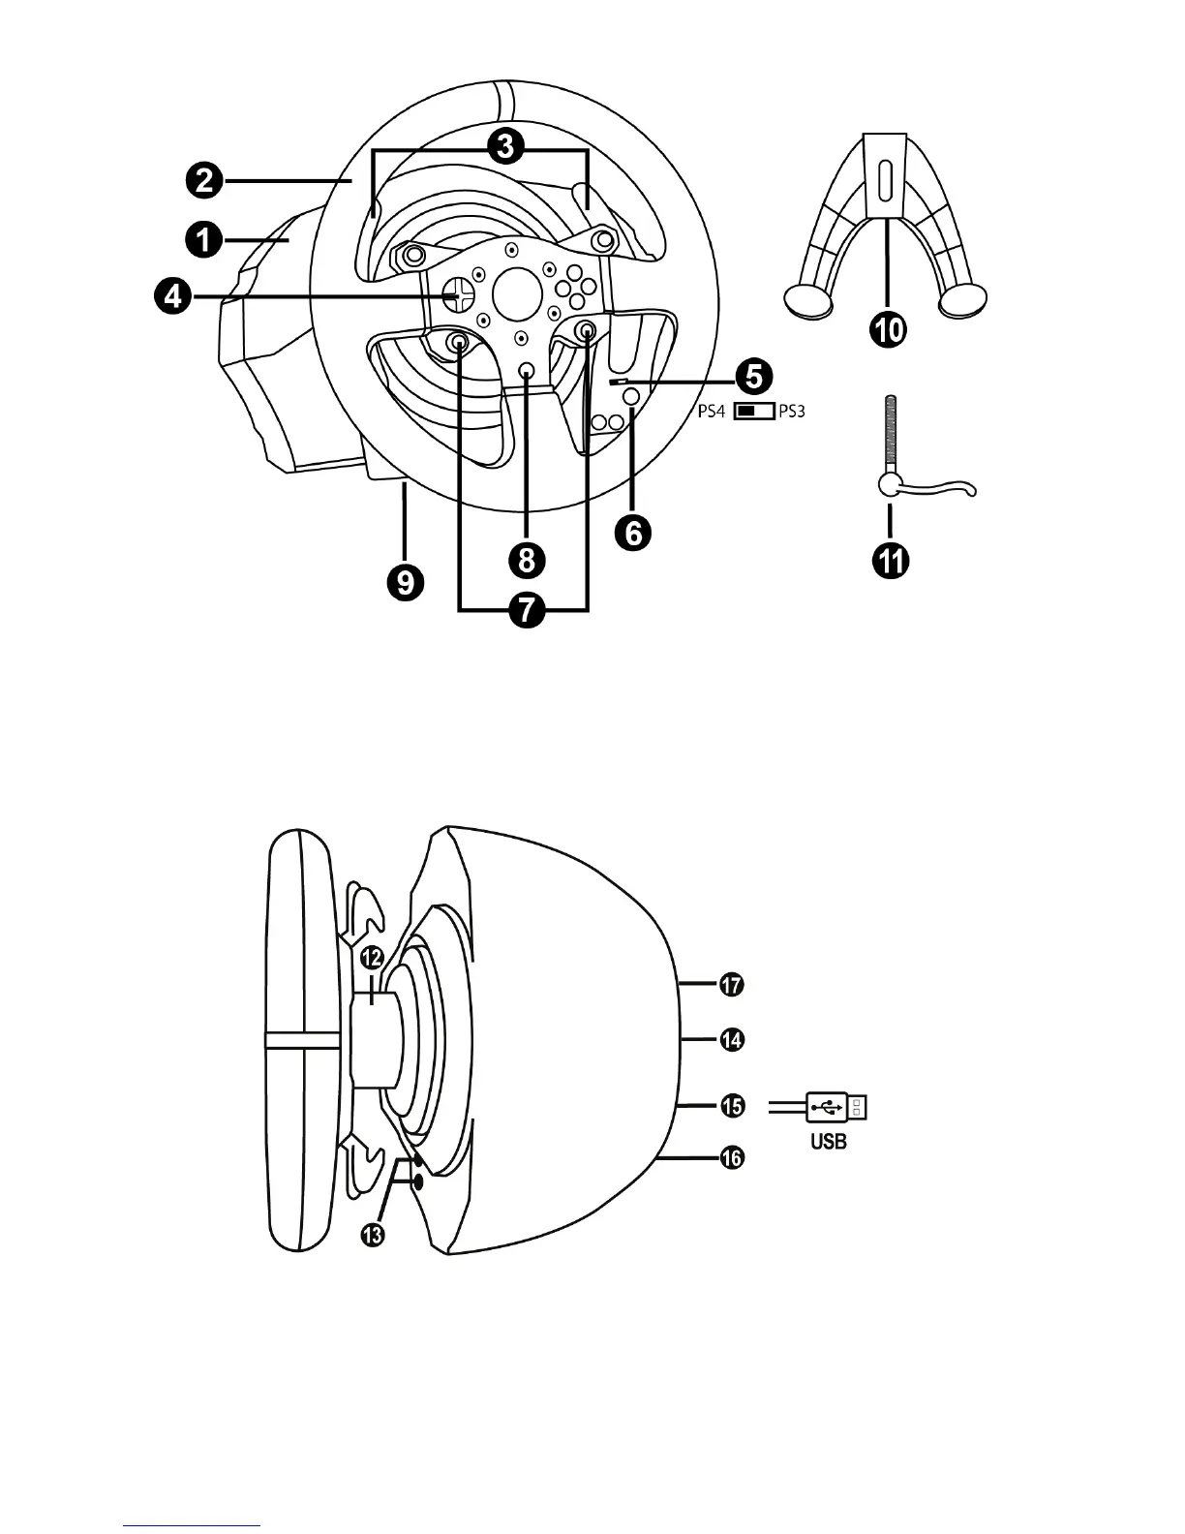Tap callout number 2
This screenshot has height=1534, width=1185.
[x=204, y=181]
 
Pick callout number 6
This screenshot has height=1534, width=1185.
[x=634, y=532]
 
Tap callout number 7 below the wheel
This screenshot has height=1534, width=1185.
[x=524, y=612]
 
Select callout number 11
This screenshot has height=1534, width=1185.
[x=890, y=562]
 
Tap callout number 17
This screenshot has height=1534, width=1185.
[x=730, y=986]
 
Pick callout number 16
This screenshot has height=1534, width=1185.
[x=730, y=1157]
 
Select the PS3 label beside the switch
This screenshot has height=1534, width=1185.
[x=791, y=411]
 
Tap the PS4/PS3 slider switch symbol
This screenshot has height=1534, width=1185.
[x=753, y=411]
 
